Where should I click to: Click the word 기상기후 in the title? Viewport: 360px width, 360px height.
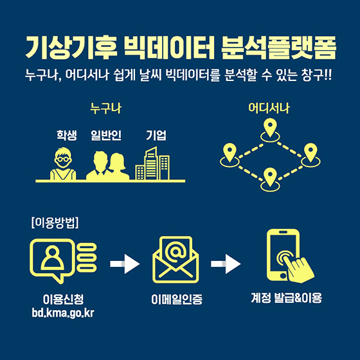pos(71,48)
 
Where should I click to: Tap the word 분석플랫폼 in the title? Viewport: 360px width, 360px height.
pos(279,48)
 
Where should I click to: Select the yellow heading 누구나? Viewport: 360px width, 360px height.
pos(105,109)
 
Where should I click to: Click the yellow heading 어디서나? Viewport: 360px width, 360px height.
pos(269,108)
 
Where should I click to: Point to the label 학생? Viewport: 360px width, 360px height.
pos(67,135)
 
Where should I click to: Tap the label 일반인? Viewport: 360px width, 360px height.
pos(106,135)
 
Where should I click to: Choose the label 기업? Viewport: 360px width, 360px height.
pos(156,135)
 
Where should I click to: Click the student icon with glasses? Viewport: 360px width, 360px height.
pos(63,163)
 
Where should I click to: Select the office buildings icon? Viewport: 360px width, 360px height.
pos(152,163)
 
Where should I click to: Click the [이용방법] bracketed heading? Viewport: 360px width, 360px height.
pos(55,222)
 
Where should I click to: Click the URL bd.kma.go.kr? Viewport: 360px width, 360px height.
pos(63,312)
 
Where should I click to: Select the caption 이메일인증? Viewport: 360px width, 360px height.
pos(177,299)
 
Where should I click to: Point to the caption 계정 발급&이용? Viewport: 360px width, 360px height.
pos(287,298)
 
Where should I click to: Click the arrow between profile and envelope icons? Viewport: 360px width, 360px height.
pos(125,264)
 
